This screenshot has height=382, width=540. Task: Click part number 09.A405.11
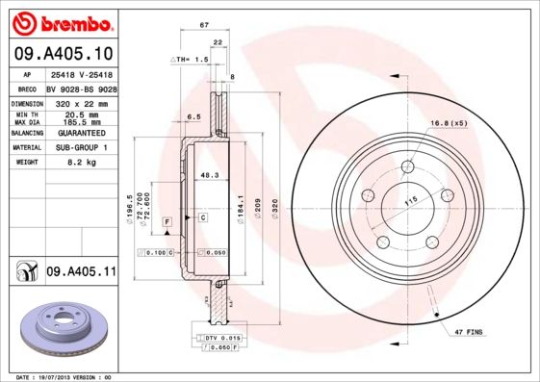80,273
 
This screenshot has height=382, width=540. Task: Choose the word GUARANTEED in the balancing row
80,132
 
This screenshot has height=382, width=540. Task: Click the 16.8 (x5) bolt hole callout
448,123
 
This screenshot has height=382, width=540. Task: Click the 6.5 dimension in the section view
193,116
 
